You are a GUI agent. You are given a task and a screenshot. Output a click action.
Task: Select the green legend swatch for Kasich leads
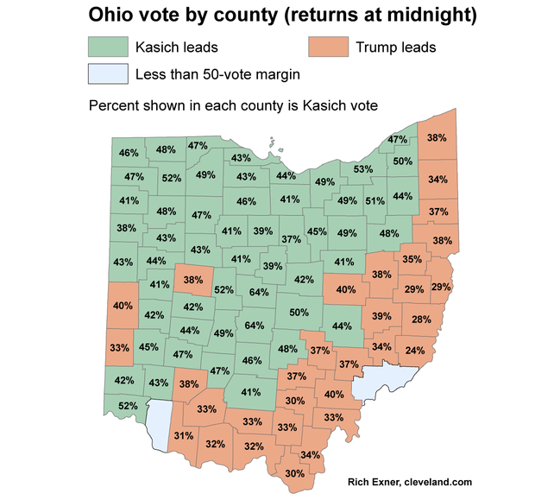107,47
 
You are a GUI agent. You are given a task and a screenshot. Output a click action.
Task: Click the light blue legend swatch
107,74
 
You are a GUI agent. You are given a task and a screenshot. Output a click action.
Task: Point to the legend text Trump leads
396,47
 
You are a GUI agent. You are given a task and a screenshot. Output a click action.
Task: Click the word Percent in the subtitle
114,105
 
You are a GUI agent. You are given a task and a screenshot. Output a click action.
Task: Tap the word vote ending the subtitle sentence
362,105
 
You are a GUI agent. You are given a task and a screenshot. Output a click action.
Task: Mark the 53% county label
362,169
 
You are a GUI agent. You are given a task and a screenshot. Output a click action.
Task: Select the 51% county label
374,201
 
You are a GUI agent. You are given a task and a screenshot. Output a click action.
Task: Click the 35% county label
412,259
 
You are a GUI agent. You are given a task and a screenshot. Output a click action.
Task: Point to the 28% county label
420,320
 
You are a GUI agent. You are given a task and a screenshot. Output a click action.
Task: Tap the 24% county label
415,351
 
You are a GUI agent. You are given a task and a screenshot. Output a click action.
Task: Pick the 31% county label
183,436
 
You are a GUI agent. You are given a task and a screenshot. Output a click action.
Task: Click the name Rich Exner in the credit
375,481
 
